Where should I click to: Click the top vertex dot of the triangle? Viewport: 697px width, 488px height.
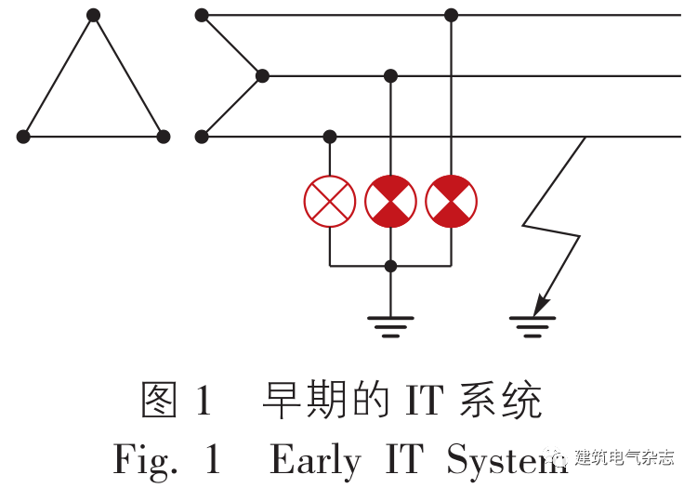pyautogui.click(x=93, y=15)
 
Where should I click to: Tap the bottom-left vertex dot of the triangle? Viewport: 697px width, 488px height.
pyautogui.click(x=23, y=137)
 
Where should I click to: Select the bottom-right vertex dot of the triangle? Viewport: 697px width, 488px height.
pyautogui.click(x=164, y=137)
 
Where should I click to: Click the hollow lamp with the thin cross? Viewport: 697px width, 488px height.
pyautogui.click(x=330, y=201)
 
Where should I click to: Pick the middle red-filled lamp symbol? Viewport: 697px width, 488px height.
pyautogui.click(x=390, y=201)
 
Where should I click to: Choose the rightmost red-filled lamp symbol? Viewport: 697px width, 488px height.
pyautogui.click(x=451, y=201)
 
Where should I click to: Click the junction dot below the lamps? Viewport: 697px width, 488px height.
pyautogui.click(x=390, y=266)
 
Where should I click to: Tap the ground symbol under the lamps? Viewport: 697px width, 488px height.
pyautogui.click(x=390, y=325)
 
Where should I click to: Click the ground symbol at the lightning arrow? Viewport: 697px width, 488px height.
pyautogui.click(x=533, y=325)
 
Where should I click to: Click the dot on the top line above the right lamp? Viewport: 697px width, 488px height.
pyautogui.click(x=451, y=15)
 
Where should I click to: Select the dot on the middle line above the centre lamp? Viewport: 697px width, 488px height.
pyautogui.click(x=390, y=75)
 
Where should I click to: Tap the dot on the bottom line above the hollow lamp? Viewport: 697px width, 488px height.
pyautogui.click(x=330, y=137)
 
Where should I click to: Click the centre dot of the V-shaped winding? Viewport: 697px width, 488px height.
pyautogui.click(x=262, y=75)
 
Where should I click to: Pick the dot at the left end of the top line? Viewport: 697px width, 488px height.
pyautogui.click(x=202, y=15)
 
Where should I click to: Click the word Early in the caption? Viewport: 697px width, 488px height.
pyautogui.click(x=315, y=459)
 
